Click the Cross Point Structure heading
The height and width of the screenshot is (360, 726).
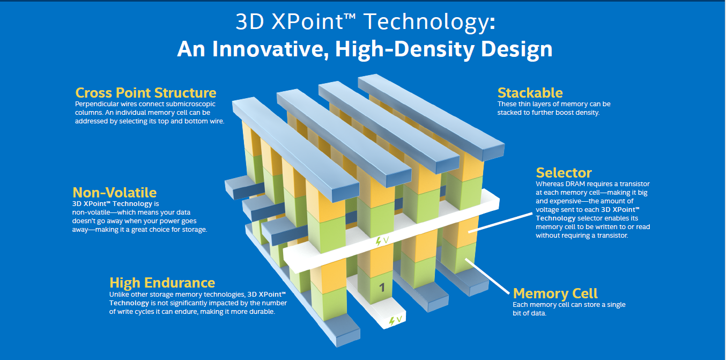[x=146, y=93]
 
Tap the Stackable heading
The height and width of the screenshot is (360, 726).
[x=530, y=93]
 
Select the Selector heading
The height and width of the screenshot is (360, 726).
[x=564, y=173]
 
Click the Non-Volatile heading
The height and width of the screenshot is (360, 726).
[x=114, y=192]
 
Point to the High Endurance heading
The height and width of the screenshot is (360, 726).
[x=162, y=283]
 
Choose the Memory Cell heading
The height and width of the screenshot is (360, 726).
[x=555, y=293]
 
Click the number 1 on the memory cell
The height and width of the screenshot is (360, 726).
[x=382, y=288]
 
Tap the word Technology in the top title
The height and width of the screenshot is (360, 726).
[x=430, y=22]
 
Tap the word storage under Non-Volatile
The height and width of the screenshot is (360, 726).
[x=194, y=230]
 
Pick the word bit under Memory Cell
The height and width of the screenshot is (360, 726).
[x=517, y=313]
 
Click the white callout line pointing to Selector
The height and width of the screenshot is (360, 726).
[x=500, y=223]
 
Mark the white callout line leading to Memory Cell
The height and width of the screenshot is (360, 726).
[x=487, y=276]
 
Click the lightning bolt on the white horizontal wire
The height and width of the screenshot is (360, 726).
[x=378, y=241]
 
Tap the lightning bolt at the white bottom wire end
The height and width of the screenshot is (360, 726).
[x=392, y=321]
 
